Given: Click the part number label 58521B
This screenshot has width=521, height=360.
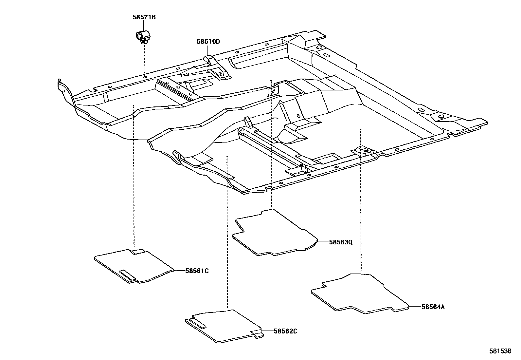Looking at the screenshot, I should coord(144,17).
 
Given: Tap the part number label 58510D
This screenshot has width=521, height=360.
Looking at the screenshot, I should coord(208,42).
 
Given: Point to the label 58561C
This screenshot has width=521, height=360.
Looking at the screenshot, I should coord(197,271).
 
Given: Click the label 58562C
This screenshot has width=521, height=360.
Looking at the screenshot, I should coord(285,331).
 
